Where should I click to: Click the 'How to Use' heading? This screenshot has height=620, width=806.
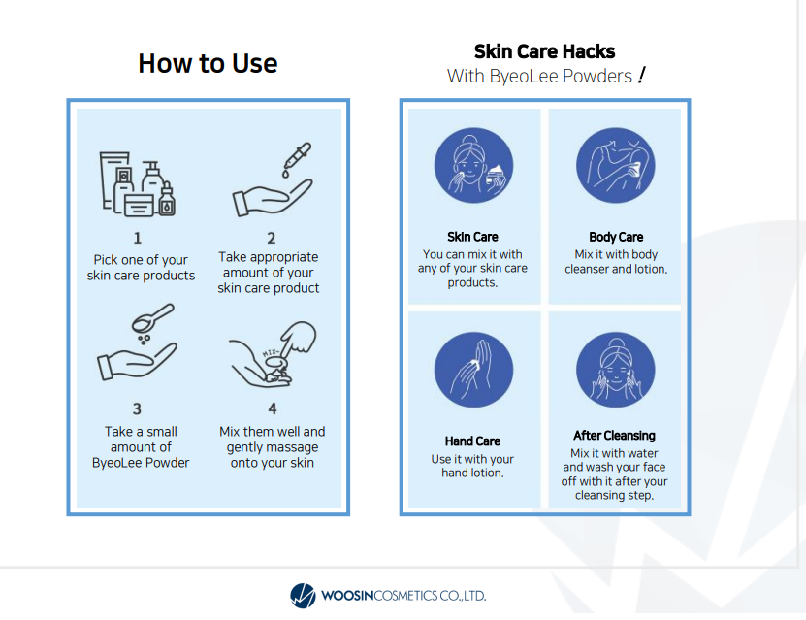pyautogui.click(x=208, y=63)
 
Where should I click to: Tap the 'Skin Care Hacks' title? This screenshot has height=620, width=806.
pyautogui.click(x=544, y=51)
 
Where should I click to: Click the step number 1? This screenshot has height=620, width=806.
pyautogui.click(x=138, y=238)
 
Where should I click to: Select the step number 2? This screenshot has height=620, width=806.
pyautogui.click(x=272, y=238)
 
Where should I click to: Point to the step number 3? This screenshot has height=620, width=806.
pyautogui.click(x=137, y=408)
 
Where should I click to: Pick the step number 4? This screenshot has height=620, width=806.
pyautogui.click(x=273, y=408)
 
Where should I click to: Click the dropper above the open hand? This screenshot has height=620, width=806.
pyautogui.click(x=297, y=159)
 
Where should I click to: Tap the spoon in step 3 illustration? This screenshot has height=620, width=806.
pyautogui.click(x=152, y=317)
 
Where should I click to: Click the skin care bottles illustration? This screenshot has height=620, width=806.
pyautogui.click(x=138, y=183)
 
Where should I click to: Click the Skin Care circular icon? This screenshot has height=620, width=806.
pyautogui.click(x=473, y=166)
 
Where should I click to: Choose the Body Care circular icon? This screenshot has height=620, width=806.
pyautogui.click(x=615, y=166)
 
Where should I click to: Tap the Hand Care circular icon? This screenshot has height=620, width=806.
pyautogui.click(x=473, y=370)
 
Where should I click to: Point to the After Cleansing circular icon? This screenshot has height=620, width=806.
pyautogui.click(x=615, y=370)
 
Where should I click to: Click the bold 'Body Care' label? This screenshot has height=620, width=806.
pyautogui.click(x=616, y=237)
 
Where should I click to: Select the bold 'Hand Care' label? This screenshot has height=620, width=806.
pyautogui.click(x=472, y=441)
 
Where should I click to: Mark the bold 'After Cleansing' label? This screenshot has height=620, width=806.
pyautogui.click(x=614, y=436)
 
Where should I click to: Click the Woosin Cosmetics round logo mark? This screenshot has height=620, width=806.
pyautogui.click(x=303, y=596)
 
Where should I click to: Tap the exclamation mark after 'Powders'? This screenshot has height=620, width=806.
pyautogui.click(x=641, y=75)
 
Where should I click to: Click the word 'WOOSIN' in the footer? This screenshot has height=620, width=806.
pyautogui.click(x=347, y=596)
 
